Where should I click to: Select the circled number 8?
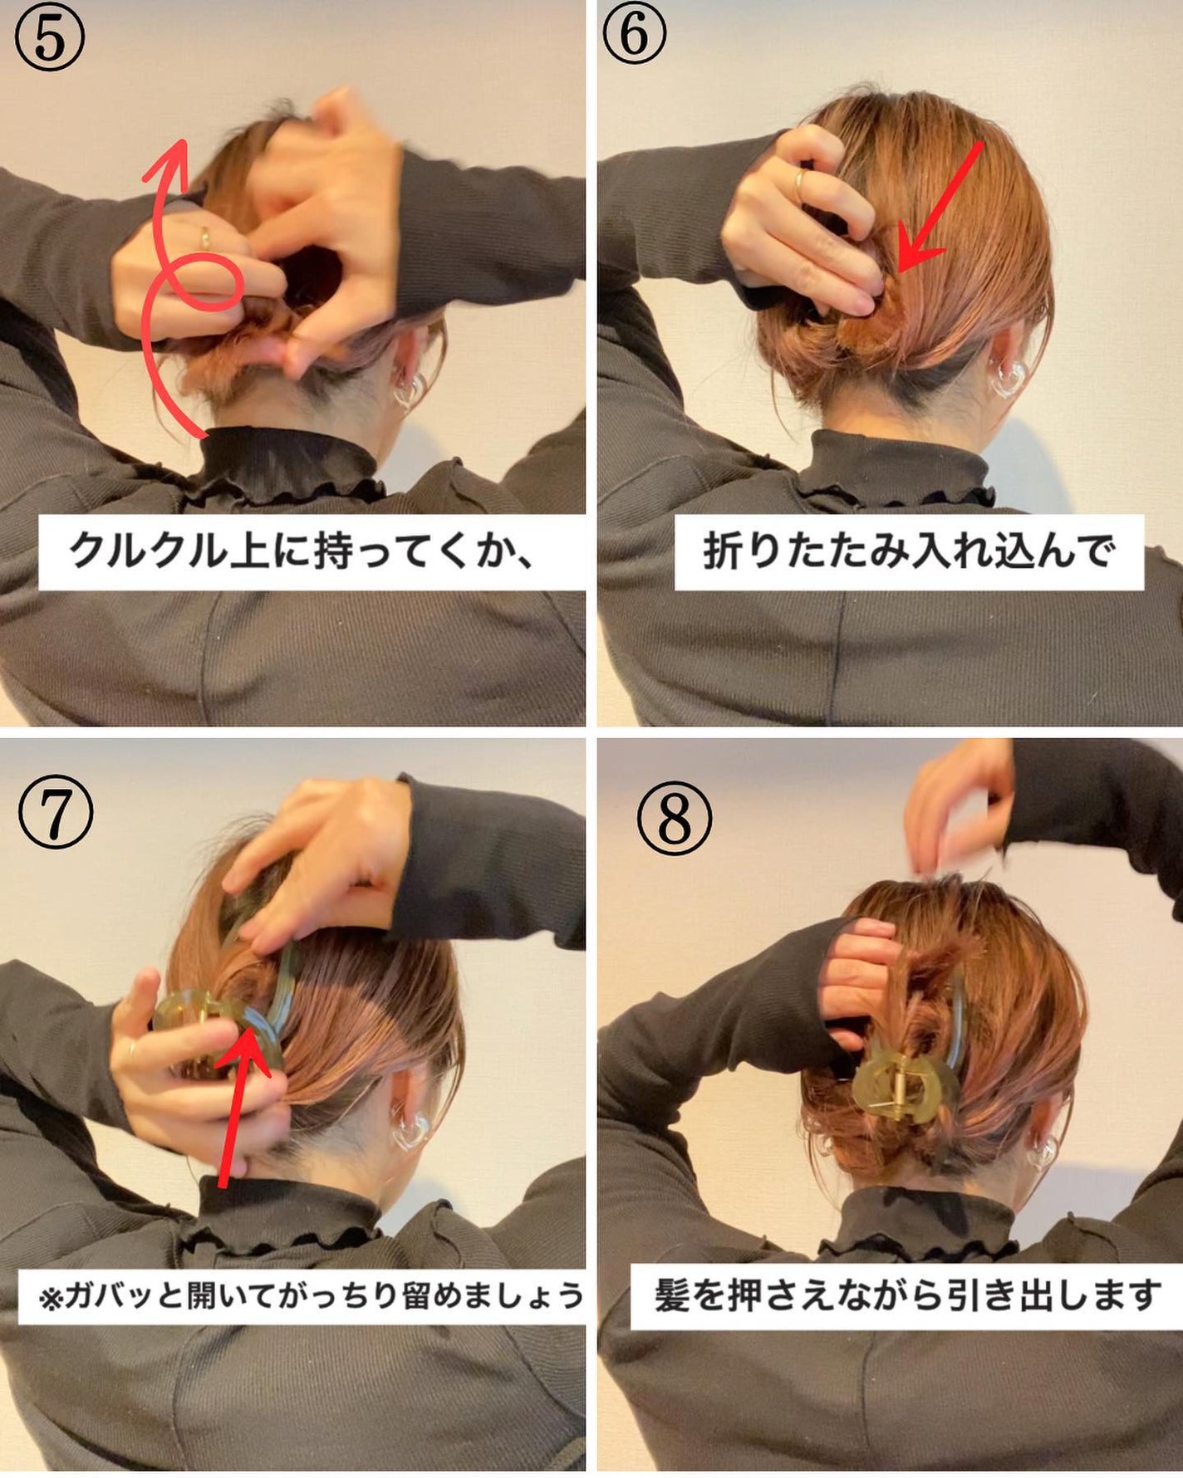(x=674, y=818)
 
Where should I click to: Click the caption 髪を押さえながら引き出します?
(x=907, y=1295)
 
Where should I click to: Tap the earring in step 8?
(x=1042, y=1150)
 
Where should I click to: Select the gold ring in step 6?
(x=799, y=184)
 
